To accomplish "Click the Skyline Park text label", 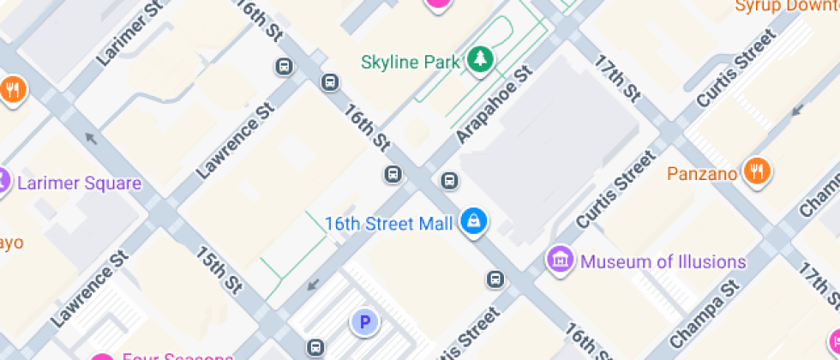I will click(410, 62).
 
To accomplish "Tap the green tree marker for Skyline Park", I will click(481, 59).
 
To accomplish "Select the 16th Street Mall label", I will click(388, 224).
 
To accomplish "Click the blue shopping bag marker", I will click(473, 222).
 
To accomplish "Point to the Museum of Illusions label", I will click(663, 261).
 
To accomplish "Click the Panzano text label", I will click(702, 174).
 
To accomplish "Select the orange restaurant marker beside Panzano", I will click(756, 171).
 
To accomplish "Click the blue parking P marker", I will click(364, 322).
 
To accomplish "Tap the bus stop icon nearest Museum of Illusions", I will click(495, 279).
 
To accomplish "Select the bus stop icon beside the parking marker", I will click(315, 347).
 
